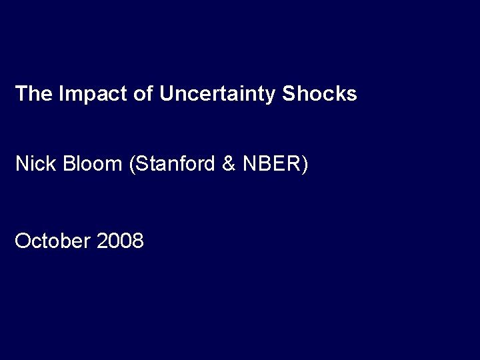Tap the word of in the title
[143, 94]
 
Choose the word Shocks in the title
[320, 94]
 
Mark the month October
[53, 241]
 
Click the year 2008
[120, 241]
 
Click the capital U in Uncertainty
[166, 94]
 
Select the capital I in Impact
[61, 94]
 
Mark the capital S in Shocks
[289, 94]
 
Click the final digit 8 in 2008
[137, 241]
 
